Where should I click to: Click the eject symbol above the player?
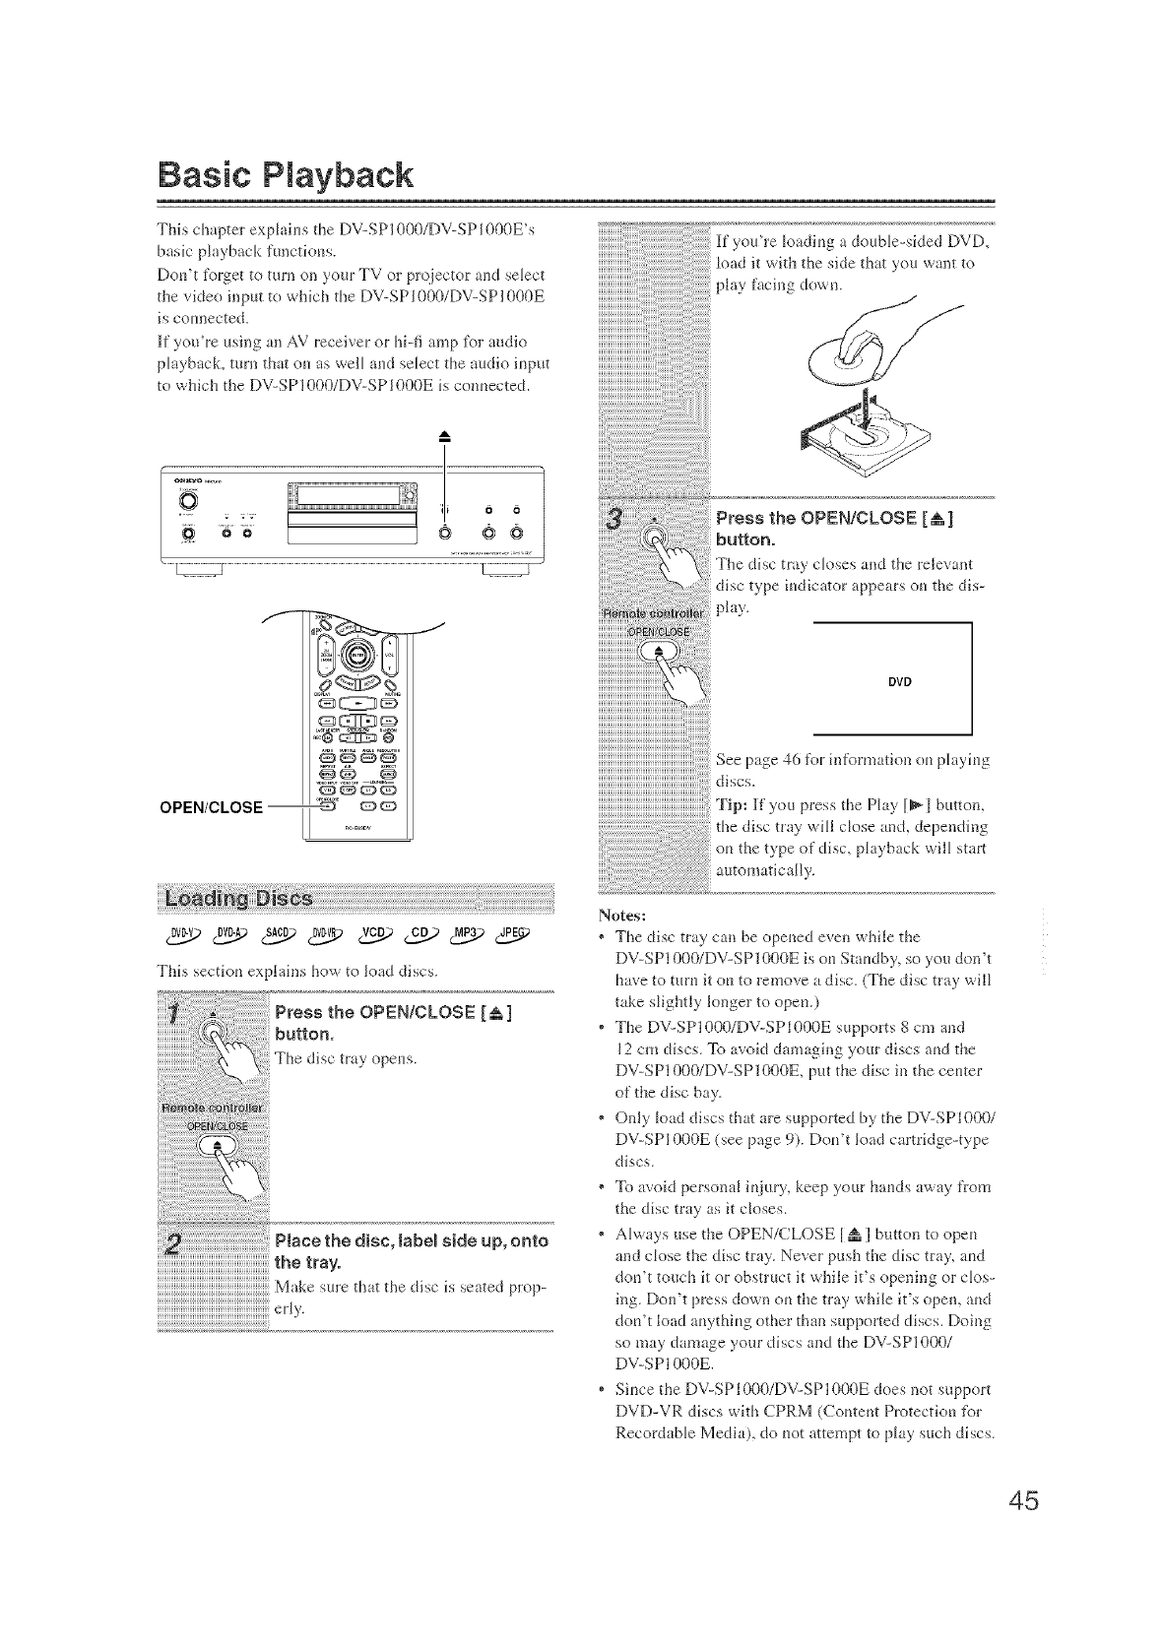[445, 437]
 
